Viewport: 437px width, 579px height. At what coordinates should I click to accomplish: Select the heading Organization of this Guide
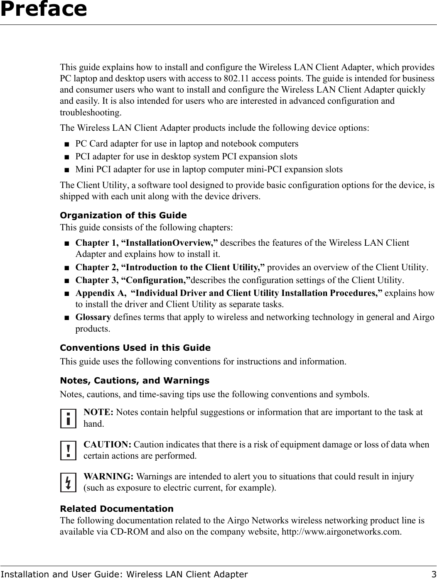[123, 215]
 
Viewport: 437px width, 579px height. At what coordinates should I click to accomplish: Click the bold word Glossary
[93, 318]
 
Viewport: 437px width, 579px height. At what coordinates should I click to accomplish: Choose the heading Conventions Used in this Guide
[135, 348]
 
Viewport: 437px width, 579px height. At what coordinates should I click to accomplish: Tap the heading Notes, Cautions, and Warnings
[135, 381]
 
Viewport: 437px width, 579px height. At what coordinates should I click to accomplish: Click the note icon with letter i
[68, 418]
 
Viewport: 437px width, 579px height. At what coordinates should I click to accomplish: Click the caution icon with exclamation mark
[68, 450]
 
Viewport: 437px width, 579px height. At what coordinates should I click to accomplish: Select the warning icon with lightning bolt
[68, 482]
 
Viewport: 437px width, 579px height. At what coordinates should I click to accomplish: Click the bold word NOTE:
[99, 413]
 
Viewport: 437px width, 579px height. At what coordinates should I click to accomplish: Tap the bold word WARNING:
[109, 476]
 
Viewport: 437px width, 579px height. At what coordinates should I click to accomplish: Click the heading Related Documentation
[117, 509]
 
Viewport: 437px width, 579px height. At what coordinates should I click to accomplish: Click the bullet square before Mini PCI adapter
[67, 170]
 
